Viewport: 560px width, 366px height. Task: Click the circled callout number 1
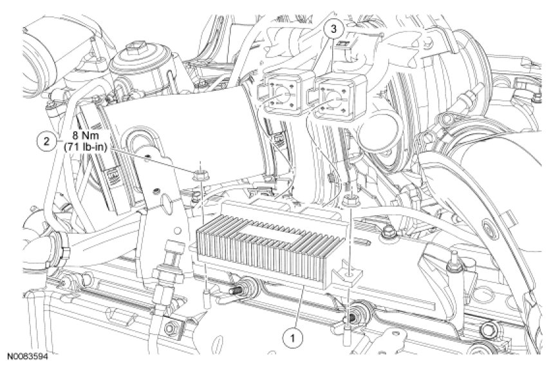point(292,337)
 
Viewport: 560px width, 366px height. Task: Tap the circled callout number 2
point(46,141)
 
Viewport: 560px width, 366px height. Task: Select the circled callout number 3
point(333,28)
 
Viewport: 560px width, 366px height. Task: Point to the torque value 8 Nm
point(85,137)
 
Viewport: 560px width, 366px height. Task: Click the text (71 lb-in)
point(85,147)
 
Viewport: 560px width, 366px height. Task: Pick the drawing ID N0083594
point(27,357)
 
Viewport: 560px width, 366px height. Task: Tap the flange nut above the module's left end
point(200,176)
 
